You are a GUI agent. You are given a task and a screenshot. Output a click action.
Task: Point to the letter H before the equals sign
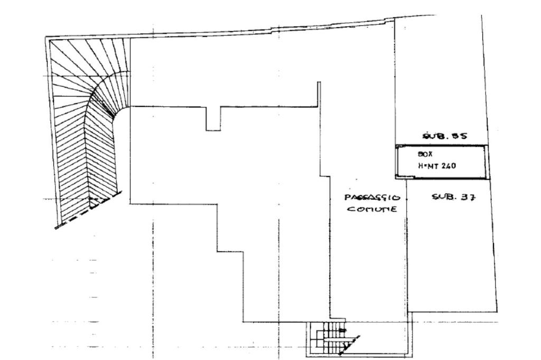tap(421, 165)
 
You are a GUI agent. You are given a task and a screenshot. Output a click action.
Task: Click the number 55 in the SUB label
tap(459, 136)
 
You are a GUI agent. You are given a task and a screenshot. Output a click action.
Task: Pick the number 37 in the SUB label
tap(469, 197)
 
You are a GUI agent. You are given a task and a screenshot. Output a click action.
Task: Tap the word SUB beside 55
tap(434, 136)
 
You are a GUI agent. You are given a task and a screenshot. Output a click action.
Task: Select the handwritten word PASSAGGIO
tap(372, 198)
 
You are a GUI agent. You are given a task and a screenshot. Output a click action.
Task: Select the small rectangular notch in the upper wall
tap(213, 118)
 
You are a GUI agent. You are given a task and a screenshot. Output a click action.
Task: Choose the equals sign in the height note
tap(425, 165)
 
